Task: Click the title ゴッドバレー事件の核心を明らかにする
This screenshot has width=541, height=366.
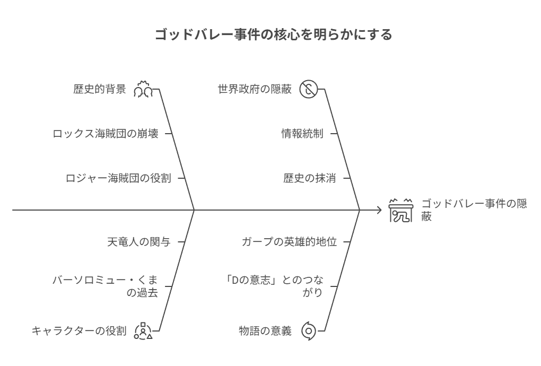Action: click(x=273, y=34)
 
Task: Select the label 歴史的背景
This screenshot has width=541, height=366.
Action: click(x=100, y=89)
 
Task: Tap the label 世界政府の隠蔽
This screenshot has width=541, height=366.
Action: click(x=255, y=89)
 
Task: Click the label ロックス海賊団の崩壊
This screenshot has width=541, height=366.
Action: click(x=106, y=134)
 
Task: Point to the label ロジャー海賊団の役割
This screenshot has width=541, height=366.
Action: click(x=118, y=178)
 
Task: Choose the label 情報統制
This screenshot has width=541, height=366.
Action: click(x=302, y=134)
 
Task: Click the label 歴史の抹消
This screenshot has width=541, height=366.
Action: click(x=310, y=178)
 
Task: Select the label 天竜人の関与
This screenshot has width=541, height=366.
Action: click(x=139, y=242)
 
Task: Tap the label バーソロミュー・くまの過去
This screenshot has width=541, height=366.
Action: click(x=105, y=286)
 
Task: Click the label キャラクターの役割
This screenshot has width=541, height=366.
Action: click(x=79, y=331)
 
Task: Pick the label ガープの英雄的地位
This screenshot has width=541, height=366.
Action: click(x=289, y=242)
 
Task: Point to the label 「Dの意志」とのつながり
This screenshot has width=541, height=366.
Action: click(x=274, y=286)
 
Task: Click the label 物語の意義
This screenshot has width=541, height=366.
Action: click(x=265, y=331)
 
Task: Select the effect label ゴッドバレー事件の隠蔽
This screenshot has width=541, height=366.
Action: click(x=474, y=210)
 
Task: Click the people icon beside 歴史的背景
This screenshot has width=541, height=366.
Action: click(x=143, y=89)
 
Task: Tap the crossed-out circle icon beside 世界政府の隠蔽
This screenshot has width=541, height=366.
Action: click(x=308, y=89)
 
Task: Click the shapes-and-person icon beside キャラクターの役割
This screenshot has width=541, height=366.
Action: click(x=143, y=331)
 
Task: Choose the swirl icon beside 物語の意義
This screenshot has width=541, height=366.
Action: click(x=308, y=331)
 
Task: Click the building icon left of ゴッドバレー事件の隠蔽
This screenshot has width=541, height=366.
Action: click(x=400, y=210)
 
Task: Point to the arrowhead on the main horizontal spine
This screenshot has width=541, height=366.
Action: click(x=380, y=210)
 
